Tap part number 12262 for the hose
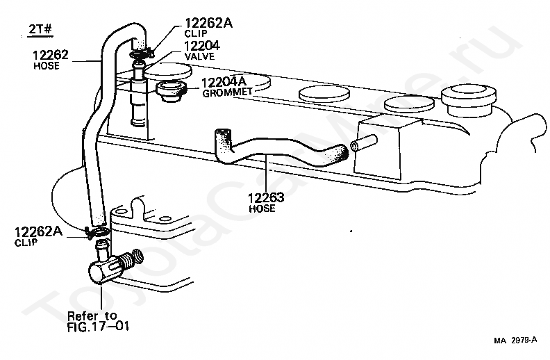coord(50,54)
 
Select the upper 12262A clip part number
coord(208,23)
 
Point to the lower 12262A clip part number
coord(39,232)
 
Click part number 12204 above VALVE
coord(201,47)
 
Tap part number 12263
coord(265,197)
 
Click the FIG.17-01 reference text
coord(99,325)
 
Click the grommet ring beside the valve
coord(169,90)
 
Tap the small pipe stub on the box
coord(358,147)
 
